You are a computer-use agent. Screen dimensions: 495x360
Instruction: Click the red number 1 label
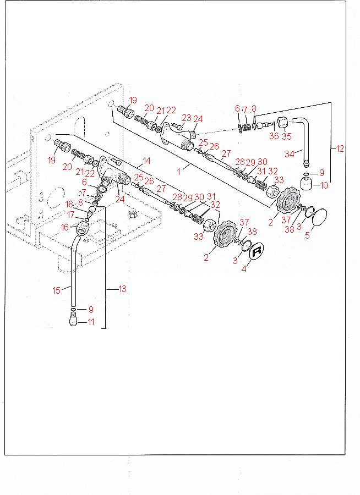click(178, 172)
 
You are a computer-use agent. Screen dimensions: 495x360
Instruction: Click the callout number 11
click(91, 322)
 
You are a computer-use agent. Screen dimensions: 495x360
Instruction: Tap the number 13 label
click(122, 289)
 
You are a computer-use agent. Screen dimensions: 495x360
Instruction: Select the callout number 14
click(147, 161)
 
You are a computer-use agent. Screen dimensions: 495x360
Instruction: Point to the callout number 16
click(65, 227)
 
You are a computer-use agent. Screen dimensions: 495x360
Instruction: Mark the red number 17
click(71, 214)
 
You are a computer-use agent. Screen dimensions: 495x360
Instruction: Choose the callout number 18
click(69, 205)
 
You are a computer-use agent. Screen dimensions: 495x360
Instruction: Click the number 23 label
click(186, 117)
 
